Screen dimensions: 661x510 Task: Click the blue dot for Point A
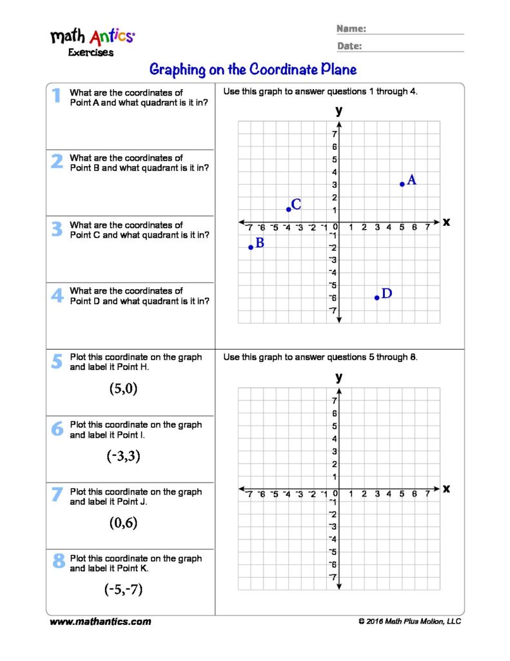tap(402, 184)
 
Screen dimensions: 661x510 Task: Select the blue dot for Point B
tap(251, 247)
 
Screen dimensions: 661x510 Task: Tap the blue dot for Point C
tap(288, 209)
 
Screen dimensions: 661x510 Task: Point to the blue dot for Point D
tap(377, 298)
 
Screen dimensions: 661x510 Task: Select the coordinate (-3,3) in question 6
tap(123, 456)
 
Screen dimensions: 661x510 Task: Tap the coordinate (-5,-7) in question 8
tap(123, 589)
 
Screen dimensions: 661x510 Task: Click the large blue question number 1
tap(57, 96)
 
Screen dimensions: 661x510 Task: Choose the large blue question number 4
tap(57, 295)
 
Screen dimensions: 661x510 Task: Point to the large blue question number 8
tap(58, 562)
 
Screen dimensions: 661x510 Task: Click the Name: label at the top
tap(351, 29)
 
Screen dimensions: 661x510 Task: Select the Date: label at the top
tap(349, 46)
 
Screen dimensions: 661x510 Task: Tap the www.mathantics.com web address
tap(101, 622)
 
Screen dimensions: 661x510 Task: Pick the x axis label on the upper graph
tap(446, 222)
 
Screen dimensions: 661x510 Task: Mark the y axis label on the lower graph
tap(338, 377)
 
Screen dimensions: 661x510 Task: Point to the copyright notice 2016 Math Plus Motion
tap(410, 622)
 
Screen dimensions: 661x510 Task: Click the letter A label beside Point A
tap(411, 181)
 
